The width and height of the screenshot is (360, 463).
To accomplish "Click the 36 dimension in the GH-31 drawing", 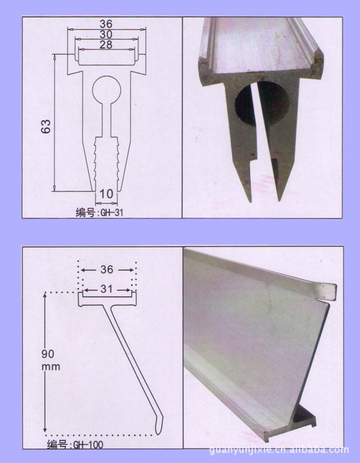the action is pos(106,24).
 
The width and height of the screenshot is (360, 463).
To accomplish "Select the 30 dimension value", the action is pos(106,34).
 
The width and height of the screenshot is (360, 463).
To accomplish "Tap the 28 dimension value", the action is pos(106,45).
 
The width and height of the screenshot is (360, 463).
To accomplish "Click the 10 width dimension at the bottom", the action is pos(106,194).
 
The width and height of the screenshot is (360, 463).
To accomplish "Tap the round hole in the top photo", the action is pos(262,103).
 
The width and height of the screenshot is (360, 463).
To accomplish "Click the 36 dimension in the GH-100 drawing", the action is pos(107,269).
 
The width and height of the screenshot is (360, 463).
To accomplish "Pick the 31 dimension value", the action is pos(106,289).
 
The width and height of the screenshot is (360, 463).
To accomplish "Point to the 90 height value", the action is pos(48,354).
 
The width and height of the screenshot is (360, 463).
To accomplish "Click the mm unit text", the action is pos(50,367).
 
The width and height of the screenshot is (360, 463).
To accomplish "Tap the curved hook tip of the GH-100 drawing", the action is pos(159,425).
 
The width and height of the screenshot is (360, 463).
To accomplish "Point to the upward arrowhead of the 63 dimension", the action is pos(55,57).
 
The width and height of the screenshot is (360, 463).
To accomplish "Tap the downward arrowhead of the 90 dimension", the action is pos(45,430).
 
